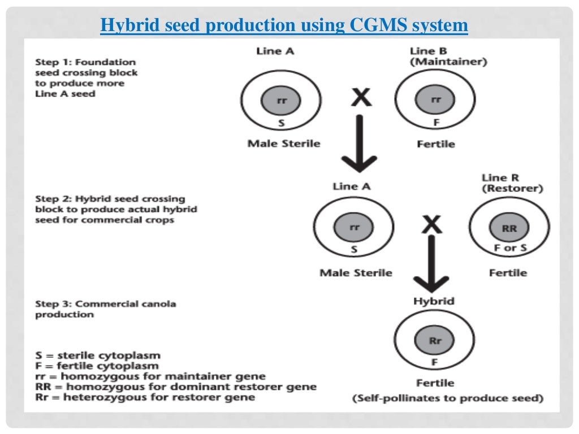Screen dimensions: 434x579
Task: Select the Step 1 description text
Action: click(x=86, y=77)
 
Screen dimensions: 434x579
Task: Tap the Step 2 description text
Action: click(x=116, y=209)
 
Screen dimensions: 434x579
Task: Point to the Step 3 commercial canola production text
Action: click(x=105, y=309)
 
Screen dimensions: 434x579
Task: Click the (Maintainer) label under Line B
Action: click(x=448, y=62)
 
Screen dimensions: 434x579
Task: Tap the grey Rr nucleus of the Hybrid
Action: click(x=435, y=341)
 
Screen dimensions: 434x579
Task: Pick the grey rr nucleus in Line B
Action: click(x=435, y=101)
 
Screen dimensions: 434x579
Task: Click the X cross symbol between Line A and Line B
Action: click(x=361, y=98)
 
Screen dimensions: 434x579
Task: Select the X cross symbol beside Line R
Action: click(x=432, y=225)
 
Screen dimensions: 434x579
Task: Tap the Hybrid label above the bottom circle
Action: click(x=434, y=301)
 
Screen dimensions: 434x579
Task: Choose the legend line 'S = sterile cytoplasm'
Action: click(x=97, y=355)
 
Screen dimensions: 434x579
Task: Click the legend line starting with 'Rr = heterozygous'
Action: click(x=145, y=397)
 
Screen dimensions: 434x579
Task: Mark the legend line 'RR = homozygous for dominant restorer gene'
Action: click(x=175, y=387)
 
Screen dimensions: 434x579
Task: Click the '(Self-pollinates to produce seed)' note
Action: click(x=448, y=398)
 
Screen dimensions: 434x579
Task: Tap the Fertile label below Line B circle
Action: click(x=435, y=144)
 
